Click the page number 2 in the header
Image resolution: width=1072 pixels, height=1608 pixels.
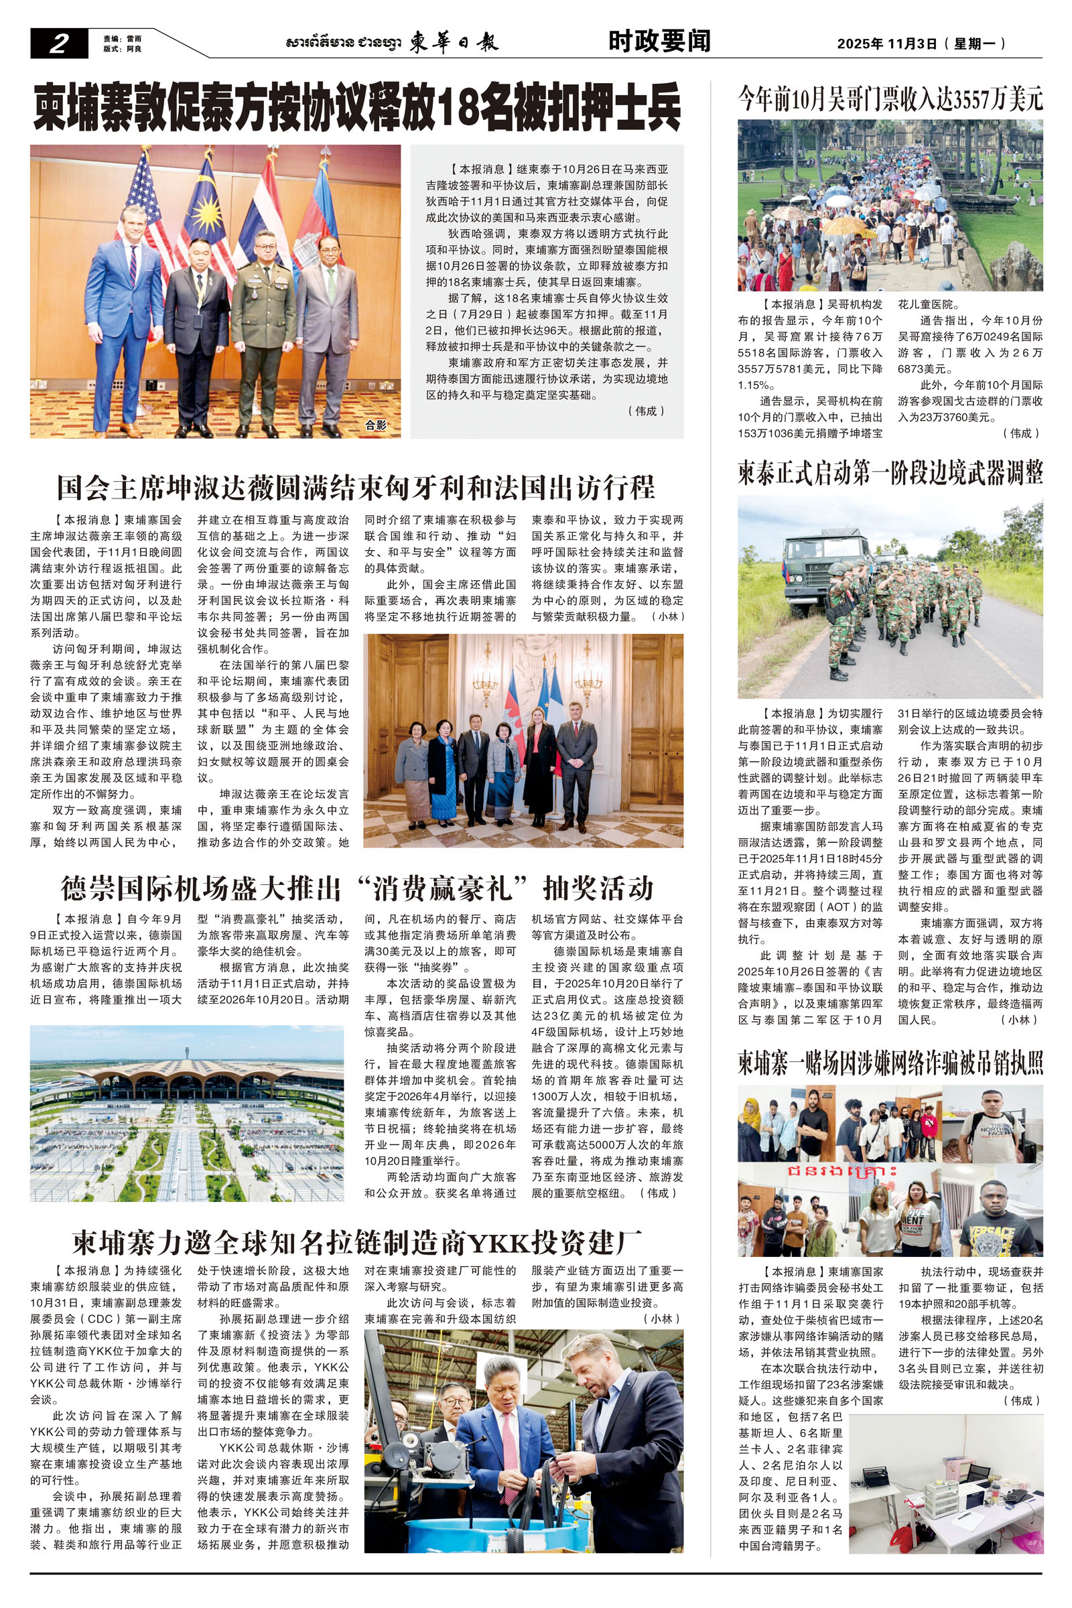pos(59,44)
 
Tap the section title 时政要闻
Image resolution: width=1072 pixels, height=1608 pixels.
pos(659,42)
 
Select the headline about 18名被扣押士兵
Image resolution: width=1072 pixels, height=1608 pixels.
pos(357,107)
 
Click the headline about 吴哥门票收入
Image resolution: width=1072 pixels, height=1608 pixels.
pos(890,100)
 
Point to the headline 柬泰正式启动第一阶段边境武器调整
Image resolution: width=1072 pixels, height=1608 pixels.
pos(890,473)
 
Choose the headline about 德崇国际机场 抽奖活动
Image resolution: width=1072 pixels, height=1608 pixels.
pos(357,888)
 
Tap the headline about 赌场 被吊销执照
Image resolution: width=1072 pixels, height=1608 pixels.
pos(890,1063)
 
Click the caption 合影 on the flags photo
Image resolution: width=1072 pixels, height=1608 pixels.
pos(375,425)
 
